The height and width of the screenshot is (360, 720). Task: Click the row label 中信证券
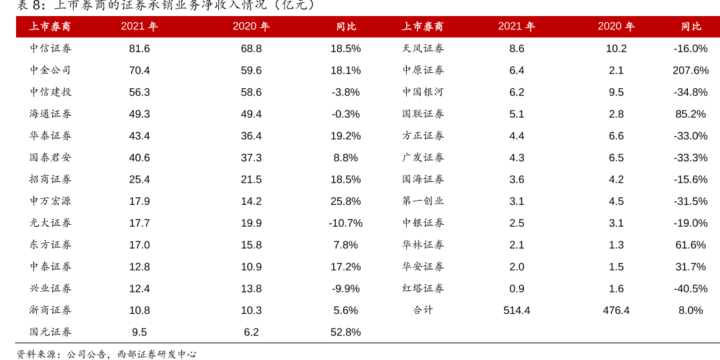coord(50,48)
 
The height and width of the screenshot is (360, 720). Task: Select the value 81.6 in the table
coord(139,48)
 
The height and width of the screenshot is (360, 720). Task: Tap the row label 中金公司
coord(50,70)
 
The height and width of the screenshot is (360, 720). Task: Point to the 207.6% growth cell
coord(691,70)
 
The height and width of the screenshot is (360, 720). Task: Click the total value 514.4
coord(517,310)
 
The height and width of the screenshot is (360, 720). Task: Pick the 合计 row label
coord(423,310)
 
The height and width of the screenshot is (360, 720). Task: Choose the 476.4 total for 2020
coord(616,310)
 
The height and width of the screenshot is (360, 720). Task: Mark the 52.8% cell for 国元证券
coord(345,332)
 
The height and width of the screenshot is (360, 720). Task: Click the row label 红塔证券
coord(423,288)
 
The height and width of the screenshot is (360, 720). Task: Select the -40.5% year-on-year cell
coord(691,288)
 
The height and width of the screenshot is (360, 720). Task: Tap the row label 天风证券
coord(423,48)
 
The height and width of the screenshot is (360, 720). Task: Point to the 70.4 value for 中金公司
coord(139,70)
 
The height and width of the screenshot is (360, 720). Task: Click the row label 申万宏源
coord(50,201)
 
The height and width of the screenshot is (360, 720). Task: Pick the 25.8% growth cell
coord(345,201)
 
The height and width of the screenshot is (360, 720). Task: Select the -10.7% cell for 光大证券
coord(345,223)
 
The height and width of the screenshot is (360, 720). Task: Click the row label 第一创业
coord(423,201)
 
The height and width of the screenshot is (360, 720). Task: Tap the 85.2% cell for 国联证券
coord(691,114)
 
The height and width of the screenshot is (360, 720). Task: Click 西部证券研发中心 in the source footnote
coord(157,354)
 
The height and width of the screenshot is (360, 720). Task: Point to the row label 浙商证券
coord(50,310)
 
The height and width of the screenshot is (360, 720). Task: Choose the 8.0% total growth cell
coord(691,310)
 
